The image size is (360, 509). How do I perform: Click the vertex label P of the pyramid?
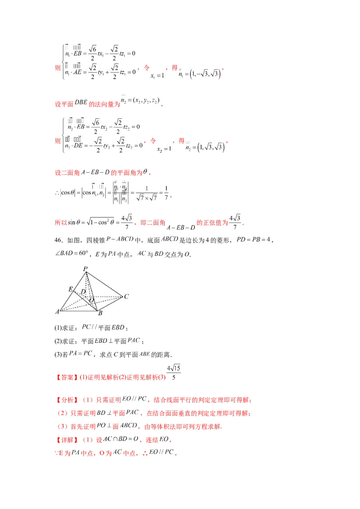[x=85, y=269]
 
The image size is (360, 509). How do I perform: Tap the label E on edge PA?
[x=71, y=289]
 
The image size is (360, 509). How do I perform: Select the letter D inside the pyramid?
[x=83, y=291]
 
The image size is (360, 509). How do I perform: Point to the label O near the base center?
[x=92, y=300]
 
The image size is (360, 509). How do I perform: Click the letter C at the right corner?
[x=126, y=297]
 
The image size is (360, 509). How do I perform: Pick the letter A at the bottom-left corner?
[x=57, y=312]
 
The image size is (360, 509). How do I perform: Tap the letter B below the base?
[x=100, y=313]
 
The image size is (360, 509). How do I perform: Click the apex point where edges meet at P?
[x=86, y=272]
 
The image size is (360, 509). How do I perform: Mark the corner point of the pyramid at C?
[x=122, y=297]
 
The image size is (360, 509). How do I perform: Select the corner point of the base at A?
[x=60, y=310]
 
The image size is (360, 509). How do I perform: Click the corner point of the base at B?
[x=97, y=310]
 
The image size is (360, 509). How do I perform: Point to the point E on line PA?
[x=73, y=291]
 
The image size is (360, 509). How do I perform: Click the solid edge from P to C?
[x=104, y=284]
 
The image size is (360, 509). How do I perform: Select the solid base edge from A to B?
[x=79, y=310]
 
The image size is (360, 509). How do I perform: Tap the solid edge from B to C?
[x=110, y=304]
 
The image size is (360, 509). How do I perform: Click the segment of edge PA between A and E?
[x=67, y=301]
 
